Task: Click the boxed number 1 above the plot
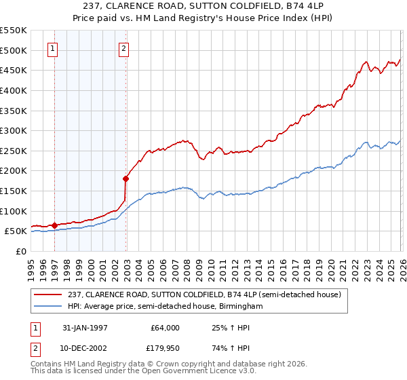pyautogui.click(x=54, y=48)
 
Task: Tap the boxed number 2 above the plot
pyautogui.click(x=124, y=48)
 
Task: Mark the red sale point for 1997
pyautogui.click(x=54, y=225)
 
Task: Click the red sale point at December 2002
pyautogui.click(x=125, y=179)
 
